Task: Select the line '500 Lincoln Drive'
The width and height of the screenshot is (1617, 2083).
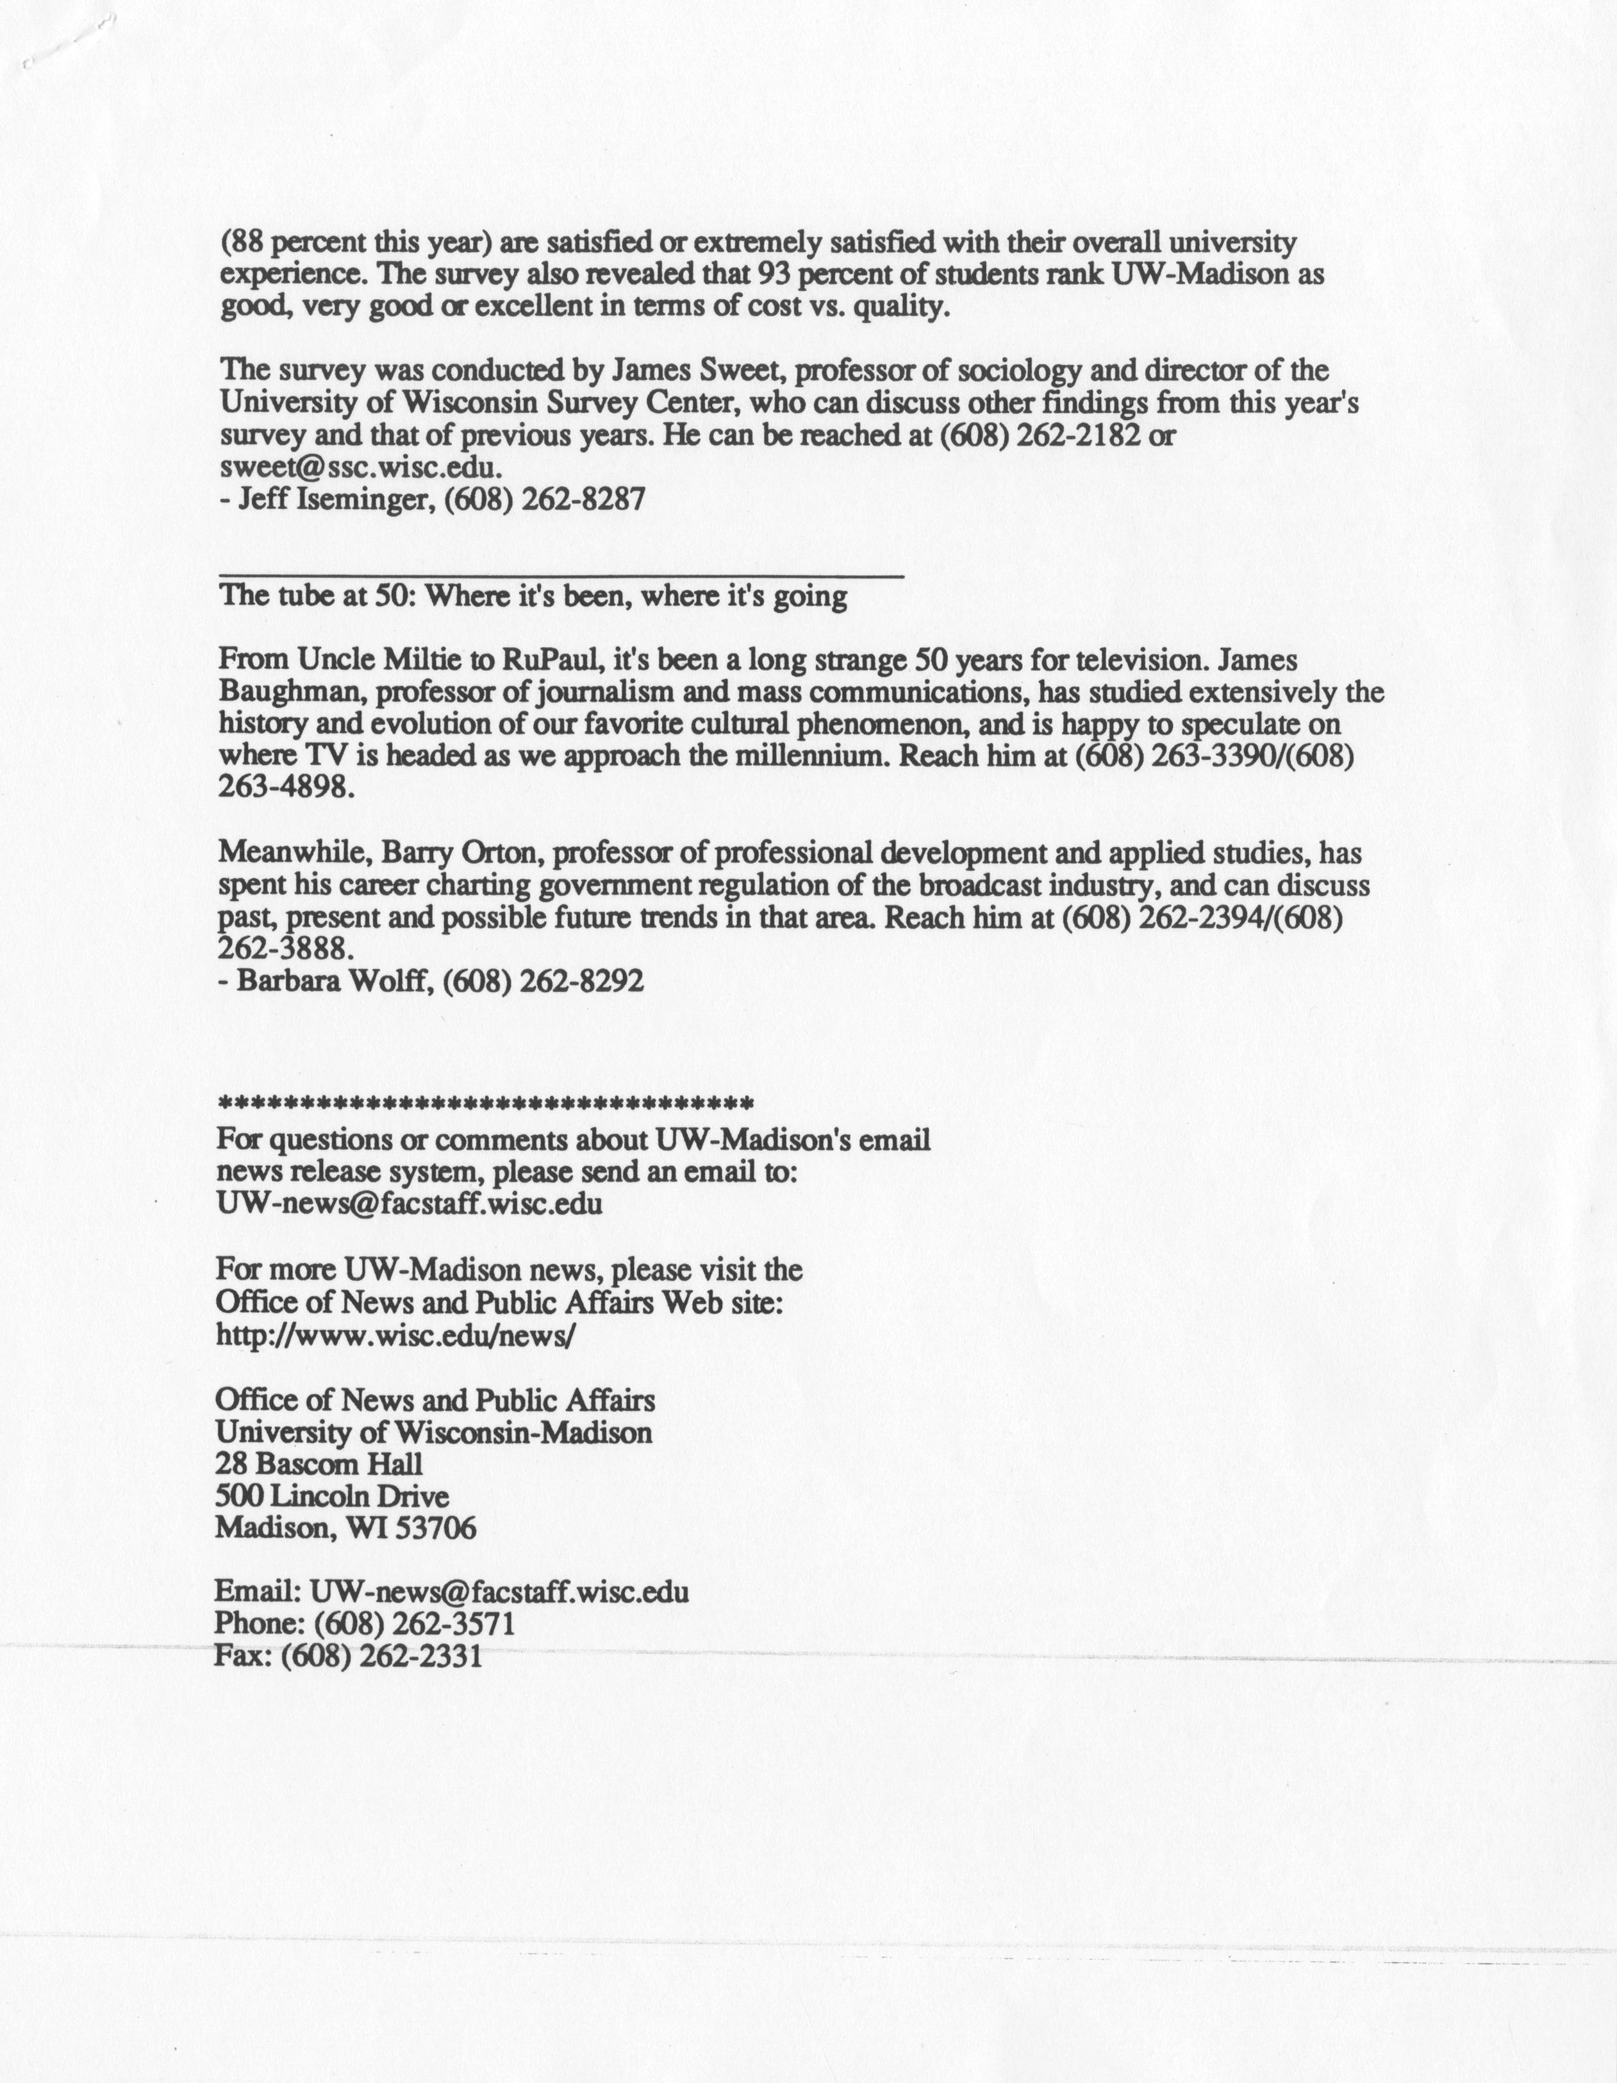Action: (x=332, y=1496)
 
